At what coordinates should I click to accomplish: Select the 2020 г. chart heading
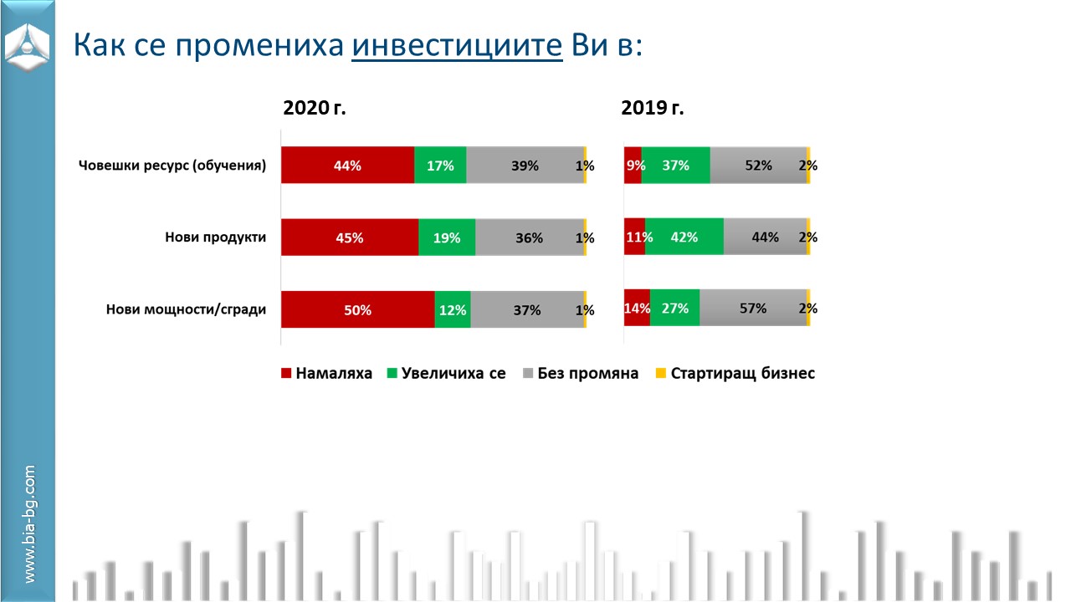(x=314, y=108)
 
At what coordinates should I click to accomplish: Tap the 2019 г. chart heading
(x=652, y=108)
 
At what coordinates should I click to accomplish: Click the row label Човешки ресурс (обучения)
(x=172, y=166)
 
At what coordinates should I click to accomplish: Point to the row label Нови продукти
(x=215, y=237)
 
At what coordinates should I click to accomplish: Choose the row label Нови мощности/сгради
(x=186, y=309)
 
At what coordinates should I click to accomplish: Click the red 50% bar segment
(x=357, y=309)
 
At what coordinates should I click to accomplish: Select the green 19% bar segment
(x=447, y=237)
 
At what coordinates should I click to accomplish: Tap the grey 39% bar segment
(x=525, y=166)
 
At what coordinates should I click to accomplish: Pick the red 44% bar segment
(x=347, y=166)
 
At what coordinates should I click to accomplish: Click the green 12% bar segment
(x=453, y=309)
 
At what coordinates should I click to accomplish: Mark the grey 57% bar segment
(x=753, y=309)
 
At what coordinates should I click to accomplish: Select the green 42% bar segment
(x=684, y=237)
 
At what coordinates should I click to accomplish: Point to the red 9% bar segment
(x=633, y=166)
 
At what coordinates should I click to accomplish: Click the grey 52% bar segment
(x=758, y=166)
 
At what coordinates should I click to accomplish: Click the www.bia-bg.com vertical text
(x=30, y=524)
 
